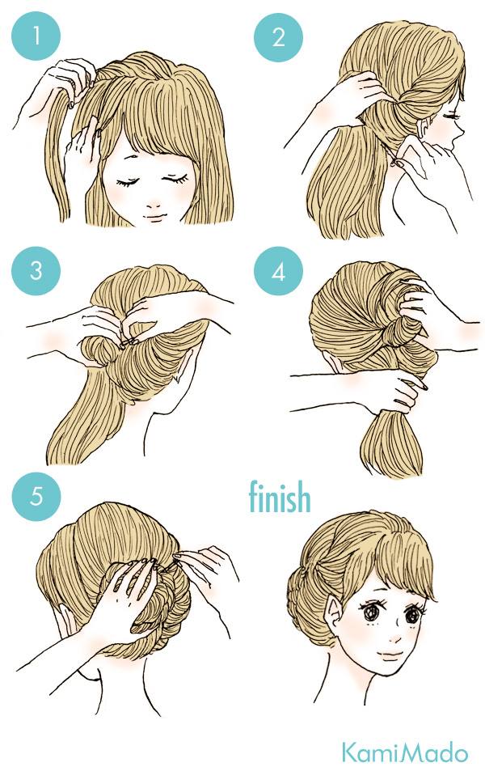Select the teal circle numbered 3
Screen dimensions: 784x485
36,271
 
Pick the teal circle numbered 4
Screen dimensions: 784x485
277,271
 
